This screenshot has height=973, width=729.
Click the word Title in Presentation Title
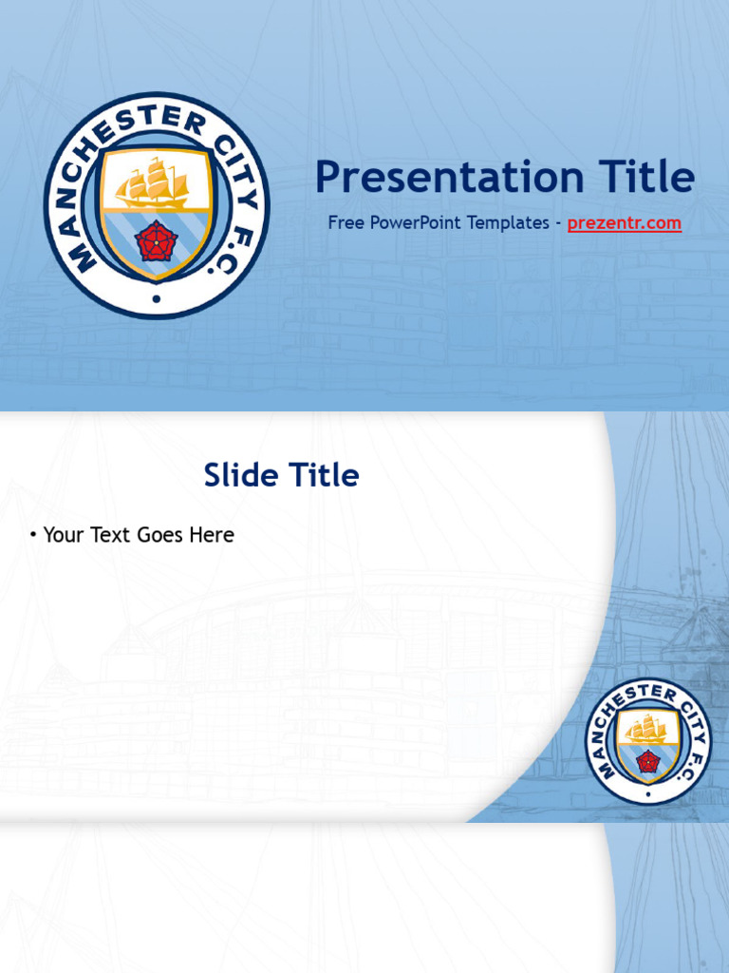(x=646, y=178)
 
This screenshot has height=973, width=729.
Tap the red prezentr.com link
(x=624, y=223)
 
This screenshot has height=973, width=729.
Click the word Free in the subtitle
(x=345, y=223)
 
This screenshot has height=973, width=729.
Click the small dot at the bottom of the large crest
(x=156, y=298)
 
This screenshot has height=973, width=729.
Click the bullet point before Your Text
(x=33, y=535)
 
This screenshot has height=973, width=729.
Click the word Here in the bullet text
(x=212, y=535)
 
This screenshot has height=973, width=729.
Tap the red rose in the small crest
(x=647, y=761)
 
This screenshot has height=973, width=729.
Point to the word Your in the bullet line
(x=64, y=535)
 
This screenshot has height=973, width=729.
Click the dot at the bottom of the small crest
(x=647, y=793)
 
